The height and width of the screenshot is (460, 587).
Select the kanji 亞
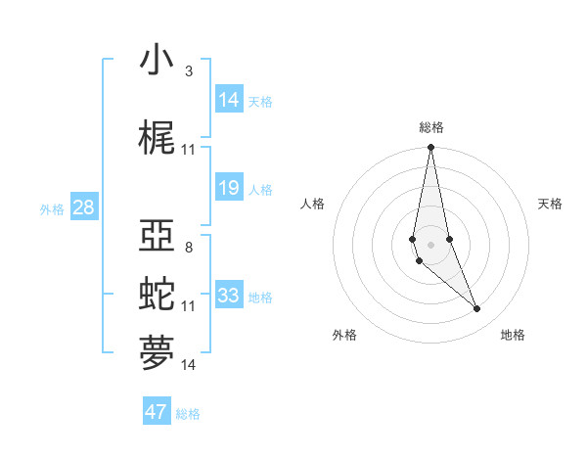[x=158, y=238]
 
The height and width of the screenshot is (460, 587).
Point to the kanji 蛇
[x=158, y=293]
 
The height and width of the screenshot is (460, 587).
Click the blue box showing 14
[x=229, y=100]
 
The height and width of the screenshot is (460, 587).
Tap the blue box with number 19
[x=229, y=188]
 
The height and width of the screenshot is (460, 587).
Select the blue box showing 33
[x=229, y=296]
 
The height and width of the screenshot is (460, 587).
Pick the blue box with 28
[x=83, y=207]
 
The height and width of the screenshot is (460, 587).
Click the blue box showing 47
[x=157, y=412]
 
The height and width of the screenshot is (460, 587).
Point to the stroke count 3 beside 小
[x=188, y=71]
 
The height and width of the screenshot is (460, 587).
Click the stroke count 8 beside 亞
[x=188, y=248]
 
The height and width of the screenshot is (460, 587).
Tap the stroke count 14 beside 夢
[x=188, y=365]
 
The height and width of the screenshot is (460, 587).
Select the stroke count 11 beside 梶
[x=188, y=150]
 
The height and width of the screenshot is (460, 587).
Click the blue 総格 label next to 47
[x=188, y=414]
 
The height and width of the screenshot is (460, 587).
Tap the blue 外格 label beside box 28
[x=52, y=209]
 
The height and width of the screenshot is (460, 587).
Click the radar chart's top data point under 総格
[x=430, y=148]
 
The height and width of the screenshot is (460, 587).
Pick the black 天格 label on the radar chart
[x=551, y=204]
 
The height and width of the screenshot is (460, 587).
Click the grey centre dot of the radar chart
[x=430, y=244]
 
